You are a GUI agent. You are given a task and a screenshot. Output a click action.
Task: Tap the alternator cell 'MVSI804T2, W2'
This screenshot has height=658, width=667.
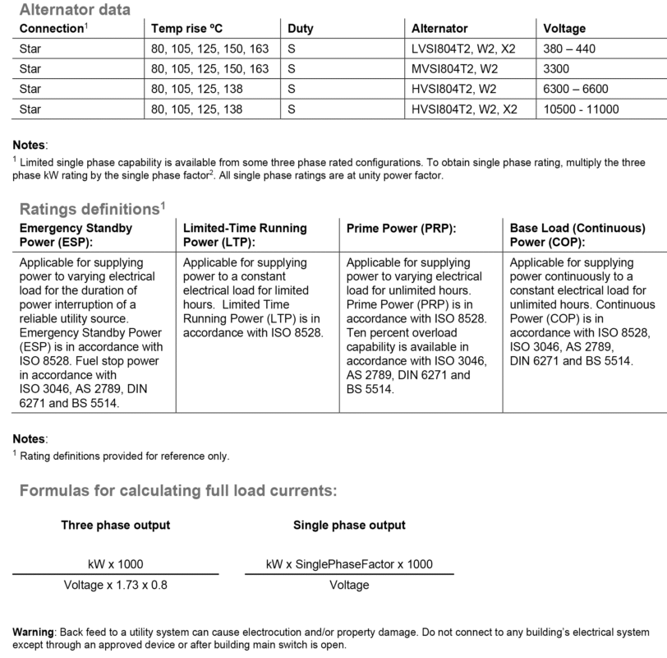(x=454, y=68)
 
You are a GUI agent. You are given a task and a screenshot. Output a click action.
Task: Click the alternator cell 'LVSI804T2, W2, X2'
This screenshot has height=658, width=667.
(x=463, y=49)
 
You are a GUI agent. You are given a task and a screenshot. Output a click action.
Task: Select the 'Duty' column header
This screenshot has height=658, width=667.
(x=301, y=29)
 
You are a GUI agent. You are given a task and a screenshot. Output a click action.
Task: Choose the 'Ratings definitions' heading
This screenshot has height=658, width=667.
(x=90, y=208)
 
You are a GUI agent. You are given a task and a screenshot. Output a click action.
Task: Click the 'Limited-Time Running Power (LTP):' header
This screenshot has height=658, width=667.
(x=244, y=235)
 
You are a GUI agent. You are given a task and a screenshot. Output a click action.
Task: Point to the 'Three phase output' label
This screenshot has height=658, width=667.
(x=116, y=525)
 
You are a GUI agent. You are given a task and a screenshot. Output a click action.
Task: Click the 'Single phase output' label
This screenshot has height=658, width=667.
(x=349, y=525)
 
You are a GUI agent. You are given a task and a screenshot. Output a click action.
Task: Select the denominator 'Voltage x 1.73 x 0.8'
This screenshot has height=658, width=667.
(x=116, y=586)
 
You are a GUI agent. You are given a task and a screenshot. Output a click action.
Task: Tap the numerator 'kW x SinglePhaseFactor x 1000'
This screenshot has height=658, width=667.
(x=349, y=564)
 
